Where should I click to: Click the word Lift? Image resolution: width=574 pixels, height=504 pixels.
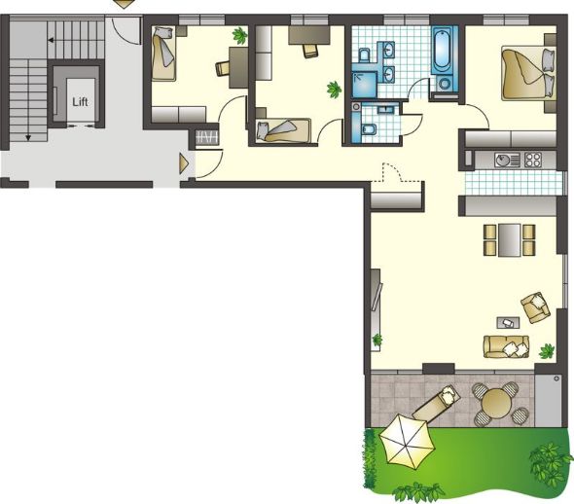coord(80,102)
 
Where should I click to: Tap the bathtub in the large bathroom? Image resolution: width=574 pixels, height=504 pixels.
coord(442,51)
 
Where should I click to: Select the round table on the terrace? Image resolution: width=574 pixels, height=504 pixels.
coord(496,403)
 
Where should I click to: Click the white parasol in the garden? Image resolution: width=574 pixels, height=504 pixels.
coord(407,443)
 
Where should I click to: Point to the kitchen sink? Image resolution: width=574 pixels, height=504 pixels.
coord(507,160)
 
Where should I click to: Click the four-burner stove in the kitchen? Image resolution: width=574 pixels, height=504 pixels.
coord(532,160)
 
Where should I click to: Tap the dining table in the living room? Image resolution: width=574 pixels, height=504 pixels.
coord(509,240)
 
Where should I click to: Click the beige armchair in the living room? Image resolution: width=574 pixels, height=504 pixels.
coord(535,307)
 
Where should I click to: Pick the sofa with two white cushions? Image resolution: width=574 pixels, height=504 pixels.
coord(506,346)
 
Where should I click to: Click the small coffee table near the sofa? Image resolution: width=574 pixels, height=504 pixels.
coord(508,322)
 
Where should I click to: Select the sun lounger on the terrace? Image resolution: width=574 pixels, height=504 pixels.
coord(437,403)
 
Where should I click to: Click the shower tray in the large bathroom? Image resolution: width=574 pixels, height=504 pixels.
coord(364,85)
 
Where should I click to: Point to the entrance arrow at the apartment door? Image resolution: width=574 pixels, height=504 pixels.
coord(184,163)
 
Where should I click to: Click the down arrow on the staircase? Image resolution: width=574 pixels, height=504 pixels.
coord(28,137)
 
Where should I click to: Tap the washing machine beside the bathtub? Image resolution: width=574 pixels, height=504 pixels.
coord(445,85)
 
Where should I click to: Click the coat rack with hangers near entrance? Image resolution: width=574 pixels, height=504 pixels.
coord(207,138)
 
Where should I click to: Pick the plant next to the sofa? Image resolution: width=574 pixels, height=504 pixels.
coord(547,351)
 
